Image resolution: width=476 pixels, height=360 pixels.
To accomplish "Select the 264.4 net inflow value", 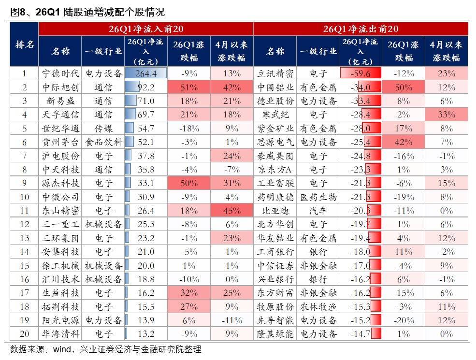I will click(x=146, y=73).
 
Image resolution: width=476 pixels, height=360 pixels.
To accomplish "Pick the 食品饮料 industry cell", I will click(x=103, y=142).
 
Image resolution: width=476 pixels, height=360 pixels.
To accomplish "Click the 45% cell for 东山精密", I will click(x=232, y=211).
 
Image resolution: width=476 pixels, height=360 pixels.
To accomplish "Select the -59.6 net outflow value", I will click(x=361, y=73).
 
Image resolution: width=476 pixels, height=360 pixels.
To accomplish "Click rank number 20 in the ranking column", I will click(x=25, y=334).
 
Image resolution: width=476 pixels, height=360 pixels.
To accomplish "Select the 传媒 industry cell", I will click(x=103, y=129).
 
